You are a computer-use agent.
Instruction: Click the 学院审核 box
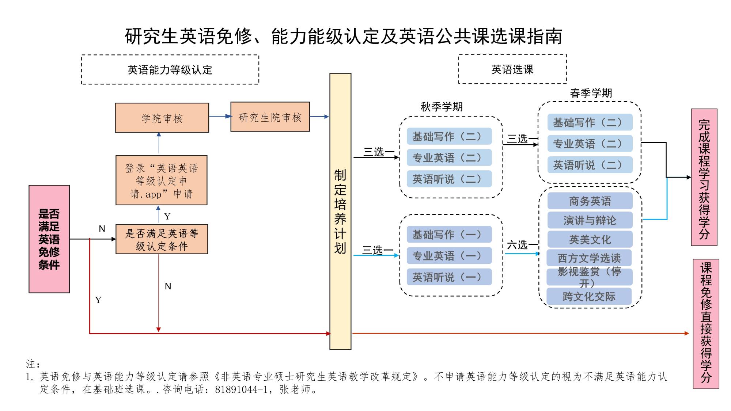tap(162, 118)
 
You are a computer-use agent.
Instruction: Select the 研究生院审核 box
tap(270, 117)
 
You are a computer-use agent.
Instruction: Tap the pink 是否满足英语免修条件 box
tap(49, 239)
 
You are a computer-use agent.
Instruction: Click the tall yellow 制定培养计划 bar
tap(340, 211)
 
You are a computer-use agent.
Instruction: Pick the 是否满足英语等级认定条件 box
tap(162, 239)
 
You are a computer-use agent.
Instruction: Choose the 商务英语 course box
tap(590, 201)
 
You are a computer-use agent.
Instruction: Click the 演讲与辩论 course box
tap(590, 220)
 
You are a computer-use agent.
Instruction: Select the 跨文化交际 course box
tap(589, 296)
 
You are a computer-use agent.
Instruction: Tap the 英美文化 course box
tap(590, 239)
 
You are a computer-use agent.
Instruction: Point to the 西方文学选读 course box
tap(589, 258)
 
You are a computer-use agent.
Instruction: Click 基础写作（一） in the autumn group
tap(449, 235)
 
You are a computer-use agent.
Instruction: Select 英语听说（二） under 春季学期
tap(590, 165)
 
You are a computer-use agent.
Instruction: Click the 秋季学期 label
tap(442, 107)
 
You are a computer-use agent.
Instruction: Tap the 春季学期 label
tap(591, 93)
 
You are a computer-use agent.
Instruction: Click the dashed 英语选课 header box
tap(512, 69)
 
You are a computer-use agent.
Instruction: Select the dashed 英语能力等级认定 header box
tap(170, 70)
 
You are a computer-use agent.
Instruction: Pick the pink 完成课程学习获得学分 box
tap(704, 177)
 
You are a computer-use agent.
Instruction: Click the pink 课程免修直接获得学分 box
tap(706, 324)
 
